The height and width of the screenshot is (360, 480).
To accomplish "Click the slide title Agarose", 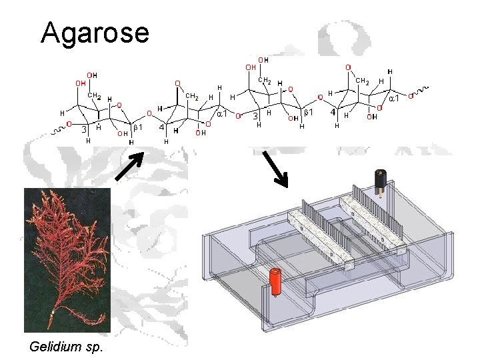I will coord(95,32).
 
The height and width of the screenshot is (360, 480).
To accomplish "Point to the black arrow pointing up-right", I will coord(129,166).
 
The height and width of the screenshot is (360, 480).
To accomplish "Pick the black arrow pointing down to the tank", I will coord(275,169).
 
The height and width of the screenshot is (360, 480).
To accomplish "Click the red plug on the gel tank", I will coord(274,280).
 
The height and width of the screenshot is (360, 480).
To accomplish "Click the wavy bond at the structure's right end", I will coord(421,89).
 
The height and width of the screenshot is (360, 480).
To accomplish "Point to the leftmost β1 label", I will coord(139,127).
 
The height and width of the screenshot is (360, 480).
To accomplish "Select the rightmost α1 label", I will coord(395,99).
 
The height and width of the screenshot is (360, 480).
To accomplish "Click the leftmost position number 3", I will coord(85,130).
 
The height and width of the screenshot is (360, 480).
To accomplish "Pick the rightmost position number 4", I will coord(333,112).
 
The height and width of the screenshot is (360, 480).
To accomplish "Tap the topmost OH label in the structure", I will coord(264,60).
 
